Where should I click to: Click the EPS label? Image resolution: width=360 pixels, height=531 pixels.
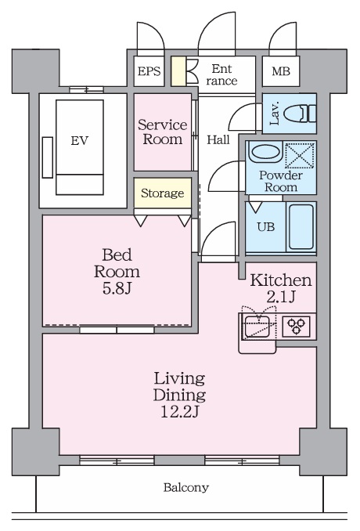coord(149,71)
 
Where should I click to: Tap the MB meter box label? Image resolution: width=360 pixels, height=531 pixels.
coord(281,71)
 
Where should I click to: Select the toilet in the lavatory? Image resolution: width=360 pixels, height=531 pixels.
coord(300,113)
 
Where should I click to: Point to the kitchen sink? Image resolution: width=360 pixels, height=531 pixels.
coord(257,327)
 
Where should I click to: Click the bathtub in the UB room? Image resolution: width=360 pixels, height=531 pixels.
coord(301,226)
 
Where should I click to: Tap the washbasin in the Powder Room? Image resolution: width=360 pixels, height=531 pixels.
coord(265,152)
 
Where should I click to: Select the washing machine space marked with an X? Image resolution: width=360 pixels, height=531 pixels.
coord(300,156)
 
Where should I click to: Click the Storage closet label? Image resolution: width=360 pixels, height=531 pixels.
coord(163,193)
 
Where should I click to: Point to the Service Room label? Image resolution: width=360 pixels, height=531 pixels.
coord(163,132)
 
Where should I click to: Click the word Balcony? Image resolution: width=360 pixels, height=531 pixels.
coord(186,487)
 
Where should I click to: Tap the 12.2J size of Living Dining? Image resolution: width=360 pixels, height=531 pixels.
coord(179,412)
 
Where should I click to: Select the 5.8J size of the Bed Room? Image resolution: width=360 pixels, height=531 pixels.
coord(117,288)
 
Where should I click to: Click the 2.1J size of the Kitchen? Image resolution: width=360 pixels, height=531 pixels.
coord(281,297)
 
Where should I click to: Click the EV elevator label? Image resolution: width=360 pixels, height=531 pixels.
coord(80,140)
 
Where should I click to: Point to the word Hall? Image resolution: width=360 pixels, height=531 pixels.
coord(218,139)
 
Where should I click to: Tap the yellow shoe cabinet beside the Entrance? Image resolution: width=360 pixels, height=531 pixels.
coord(178,71)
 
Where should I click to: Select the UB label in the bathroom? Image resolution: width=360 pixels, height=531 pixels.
coord(266,226)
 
